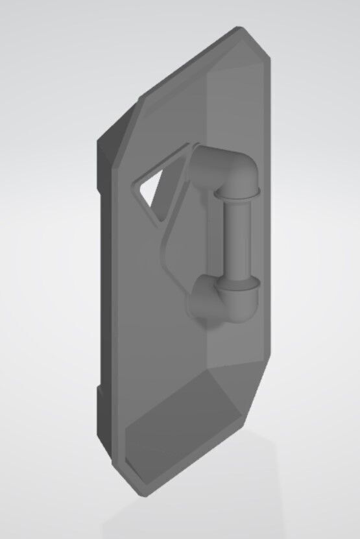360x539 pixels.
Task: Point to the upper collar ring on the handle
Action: tap(237, 193)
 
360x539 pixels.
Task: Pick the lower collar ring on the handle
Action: tap(237, 283)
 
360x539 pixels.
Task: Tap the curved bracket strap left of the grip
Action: tap(167, 253)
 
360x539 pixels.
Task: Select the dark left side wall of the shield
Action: tap(104, 292)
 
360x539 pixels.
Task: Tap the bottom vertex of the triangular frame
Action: tap(158, 225)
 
